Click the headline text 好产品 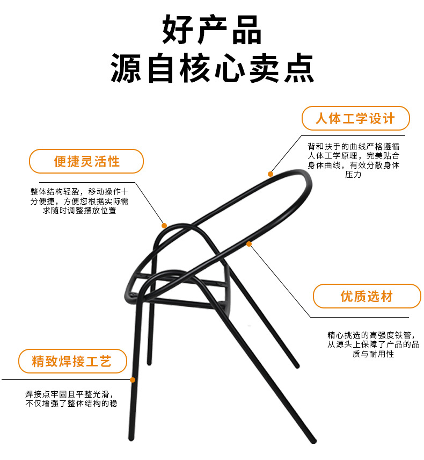(x=211, y=30)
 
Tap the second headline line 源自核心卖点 (x=212, y=68)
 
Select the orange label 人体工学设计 (x=355, y=118)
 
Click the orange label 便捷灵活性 (x=86, y=161)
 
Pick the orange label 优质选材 (x=367, y=296)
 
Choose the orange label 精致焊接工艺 (x=72, y=361)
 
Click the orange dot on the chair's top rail (x=271, y=174)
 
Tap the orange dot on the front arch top (x=164, y=226)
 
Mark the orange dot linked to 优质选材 (x=249, y=244)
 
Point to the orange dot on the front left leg (x=133, y=380)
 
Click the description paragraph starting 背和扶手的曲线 (x=353, y=160)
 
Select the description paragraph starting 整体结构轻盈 (x=79, y=201)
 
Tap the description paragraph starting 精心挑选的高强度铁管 (x=374, y=344)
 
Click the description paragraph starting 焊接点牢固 (x=71, y=399)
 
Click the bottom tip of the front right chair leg (x=313, y=441)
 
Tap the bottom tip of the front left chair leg (x=131, y=439)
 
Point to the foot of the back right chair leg (x=297, y=366)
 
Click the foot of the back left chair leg (x=149, y=363)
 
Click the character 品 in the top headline (x=247, y=30)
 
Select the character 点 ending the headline (x=299, y=68)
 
